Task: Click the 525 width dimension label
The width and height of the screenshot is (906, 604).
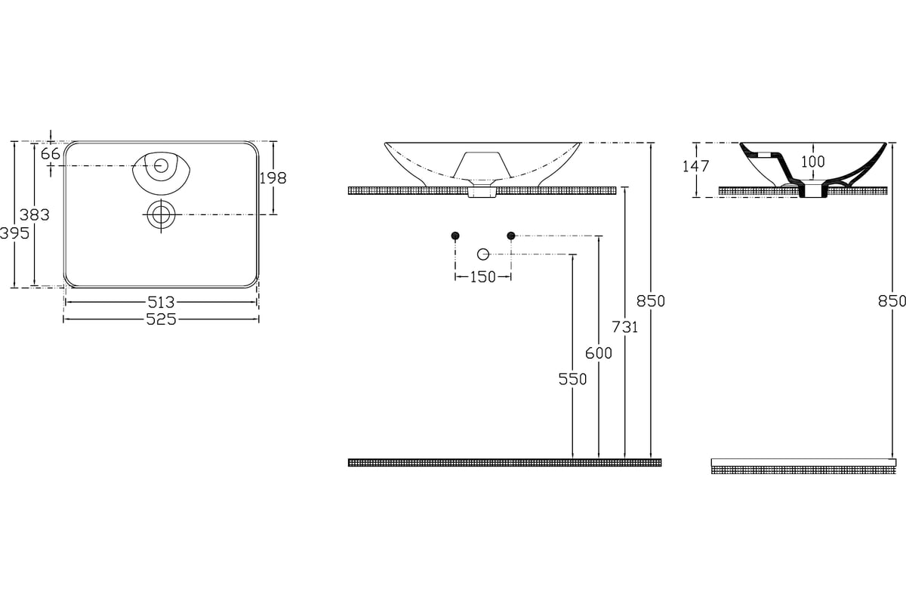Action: click(x=161, y=319)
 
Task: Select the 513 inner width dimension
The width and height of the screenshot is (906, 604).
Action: click(x=161, y=302)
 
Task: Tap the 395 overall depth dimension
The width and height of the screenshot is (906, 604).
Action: click(x=14, y=233)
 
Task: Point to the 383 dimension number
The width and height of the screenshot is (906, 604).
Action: click(x=35, y=215)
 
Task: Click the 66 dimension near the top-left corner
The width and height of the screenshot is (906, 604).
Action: click(x=51, y=154)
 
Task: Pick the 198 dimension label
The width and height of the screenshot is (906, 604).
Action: click(x=273, y=178)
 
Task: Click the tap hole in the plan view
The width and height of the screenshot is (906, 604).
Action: click(x=161, y=166)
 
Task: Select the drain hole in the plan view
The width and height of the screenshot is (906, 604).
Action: click(x=161, y=214)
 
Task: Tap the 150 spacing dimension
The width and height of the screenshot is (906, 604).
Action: click(x=483, y=277)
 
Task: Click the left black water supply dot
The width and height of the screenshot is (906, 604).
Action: click(x=455, y=236)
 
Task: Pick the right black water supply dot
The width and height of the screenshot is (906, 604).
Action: click(x=511, y=236)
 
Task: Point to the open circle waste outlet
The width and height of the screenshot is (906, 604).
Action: click(x=483, y=254)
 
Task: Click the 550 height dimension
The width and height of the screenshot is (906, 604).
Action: click(x=572, y=380)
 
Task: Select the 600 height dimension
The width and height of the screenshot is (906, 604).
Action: click(x=599, y=353)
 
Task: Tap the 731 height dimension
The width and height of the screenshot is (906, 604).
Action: click(x=625, y=327)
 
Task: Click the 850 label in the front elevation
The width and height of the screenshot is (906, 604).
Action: click(x=651, y=301)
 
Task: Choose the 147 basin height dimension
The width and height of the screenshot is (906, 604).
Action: click(x=695, y=166)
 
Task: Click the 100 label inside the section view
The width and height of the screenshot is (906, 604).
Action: click(x=813, y=162)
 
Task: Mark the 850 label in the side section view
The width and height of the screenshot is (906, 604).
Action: click(x=892, y=301)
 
